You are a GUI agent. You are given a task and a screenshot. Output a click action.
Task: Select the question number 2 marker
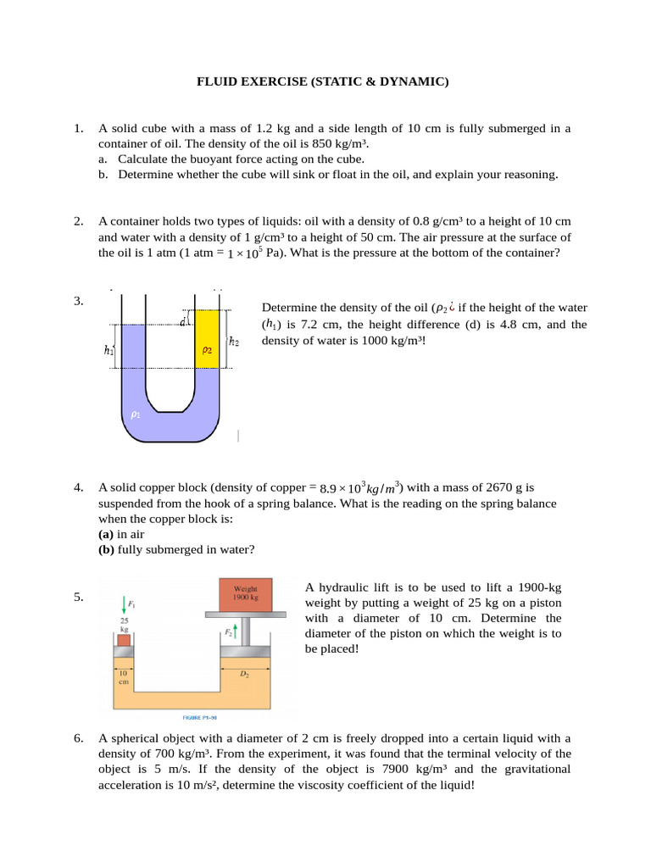[79, 221]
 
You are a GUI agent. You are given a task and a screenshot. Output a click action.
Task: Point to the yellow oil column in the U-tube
[207, 339]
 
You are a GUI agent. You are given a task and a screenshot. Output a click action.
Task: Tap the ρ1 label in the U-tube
[136, 415]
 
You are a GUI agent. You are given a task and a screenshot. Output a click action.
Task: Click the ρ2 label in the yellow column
[207, 350]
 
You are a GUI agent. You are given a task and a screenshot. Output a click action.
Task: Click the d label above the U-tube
[182, 321]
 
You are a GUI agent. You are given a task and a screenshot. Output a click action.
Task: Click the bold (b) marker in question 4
[106, 549]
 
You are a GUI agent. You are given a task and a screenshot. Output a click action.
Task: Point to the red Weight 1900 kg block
[245, 595]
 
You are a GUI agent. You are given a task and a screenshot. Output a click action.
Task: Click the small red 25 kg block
[125, 640]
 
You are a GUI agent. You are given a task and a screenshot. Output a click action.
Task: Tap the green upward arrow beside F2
[236, 631]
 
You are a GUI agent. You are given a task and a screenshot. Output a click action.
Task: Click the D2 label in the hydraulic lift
[244, 674]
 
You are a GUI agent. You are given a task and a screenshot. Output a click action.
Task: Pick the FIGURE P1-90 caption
[200, 717]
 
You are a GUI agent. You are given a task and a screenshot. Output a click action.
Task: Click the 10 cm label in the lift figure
[124, 677]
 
